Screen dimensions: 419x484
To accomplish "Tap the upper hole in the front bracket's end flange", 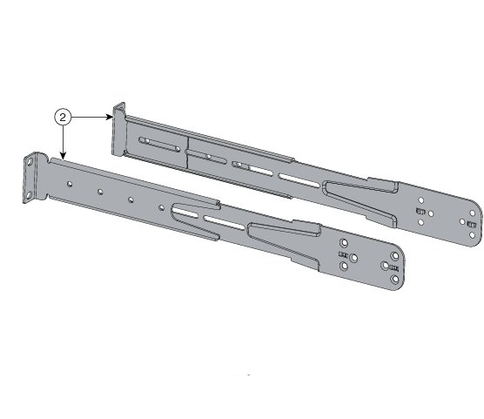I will [x=34, y=165].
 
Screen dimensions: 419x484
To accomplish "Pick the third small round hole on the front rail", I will [x=131, y=199].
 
